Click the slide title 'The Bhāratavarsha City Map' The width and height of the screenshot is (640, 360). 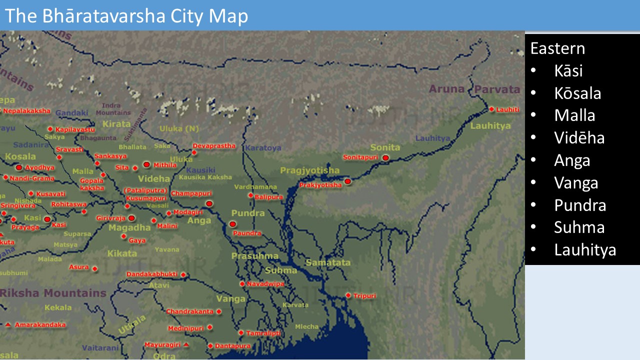(x=126, y=16)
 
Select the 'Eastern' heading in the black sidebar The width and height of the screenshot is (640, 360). (x=557, y=48)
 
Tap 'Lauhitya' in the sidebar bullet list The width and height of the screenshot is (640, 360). (x=585, y=249)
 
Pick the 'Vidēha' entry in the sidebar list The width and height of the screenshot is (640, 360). (x=579, y=137)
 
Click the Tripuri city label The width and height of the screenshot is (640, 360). (x=364, y=296)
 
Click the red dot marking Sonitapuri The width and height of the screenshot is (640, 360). (x=385, y=157)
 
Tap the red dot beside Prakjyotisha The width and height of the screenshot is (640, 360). (x=347, y=181)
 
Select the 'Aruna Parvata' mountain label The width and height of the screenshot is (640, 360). (x=474, y=89)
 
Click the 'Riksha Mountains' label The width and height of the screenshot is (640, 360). (x=53, y=293)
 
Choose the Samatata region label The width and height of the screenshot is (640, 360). (x=328, y=262)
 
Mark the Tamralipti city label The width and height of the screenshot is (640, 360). (x=263, y=333)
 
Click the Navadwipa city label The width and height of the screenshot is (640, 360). (x=265, y=284)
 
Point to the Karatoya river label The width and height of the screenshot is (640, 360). (x=263, y=148)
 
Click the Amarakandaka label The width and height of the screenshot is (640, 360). (x=40, y=325)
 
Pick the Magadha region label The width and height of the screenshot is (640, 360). (x=129, y=227)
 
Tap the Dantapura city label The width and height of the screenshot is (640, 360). (x=232, y=346)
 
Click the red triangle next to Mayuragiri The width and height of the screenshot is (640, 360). (x=186, y=345)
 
